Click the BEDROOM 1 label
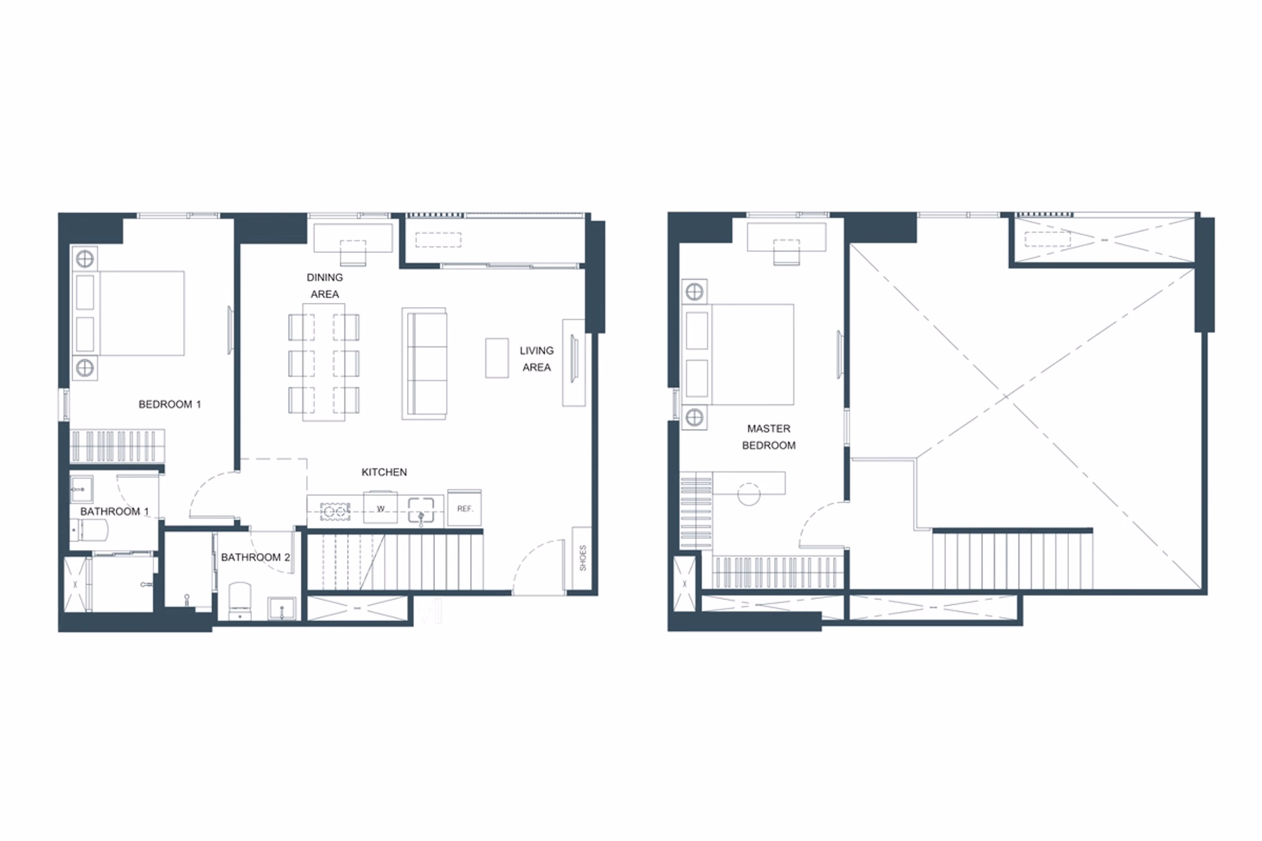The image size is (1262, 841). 170,404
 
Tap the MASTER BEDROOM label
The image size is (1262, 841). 769,437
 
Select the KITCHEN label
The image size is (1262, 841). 384,472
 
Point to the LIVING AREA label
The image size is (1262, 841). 536,359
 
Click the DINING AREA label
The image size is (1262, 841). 324,286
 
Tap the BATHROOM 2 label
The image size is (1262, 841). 255,557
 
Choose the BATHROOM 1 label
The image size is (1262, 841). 114,511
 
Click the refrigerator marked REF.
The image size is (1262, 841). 464,508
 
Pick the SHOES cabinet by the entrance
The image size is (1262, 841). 582,558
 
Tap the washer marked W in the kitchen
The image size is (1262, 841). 380,508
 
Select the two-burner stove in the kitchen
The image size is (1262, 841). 335,511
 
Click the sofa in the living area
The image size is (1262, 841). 425,364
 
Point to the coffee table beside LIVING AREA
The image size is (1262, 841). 497,358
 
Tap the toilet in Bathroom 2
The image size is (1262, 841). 240,600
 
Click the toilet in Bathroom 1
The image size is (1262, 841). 90,531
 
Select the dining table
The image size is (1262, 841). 324,362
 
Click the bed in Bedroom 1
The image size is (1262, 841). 129,314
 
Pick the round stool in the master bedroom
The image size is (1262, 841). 749,494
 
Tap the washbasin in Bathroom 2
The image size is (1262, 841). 281,609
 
